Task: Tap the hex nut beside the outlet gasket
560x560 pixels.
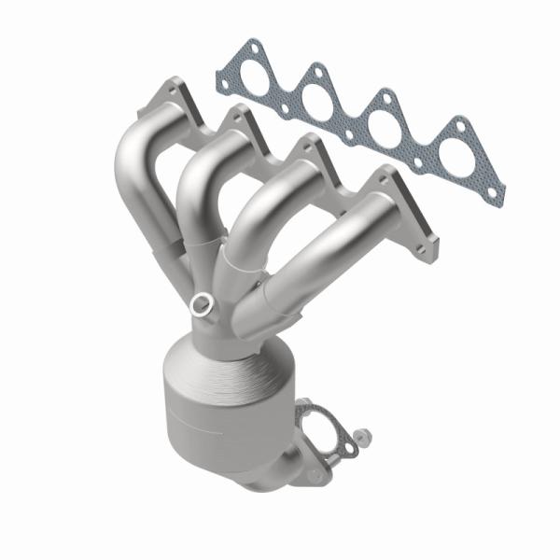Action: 361,436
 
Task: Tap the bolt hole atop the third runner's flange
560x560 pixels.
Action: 304,142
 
